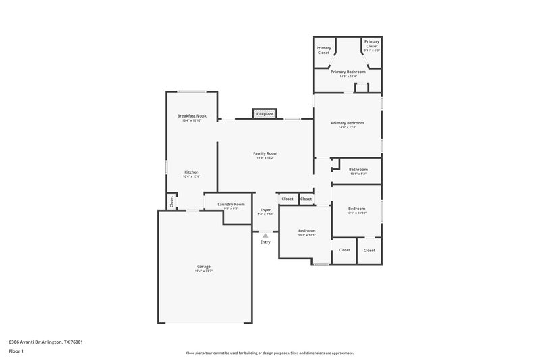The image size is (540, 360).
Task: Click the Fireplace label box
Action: (265, 114)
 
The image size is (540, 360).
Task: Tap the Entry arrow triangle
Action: (265, 236)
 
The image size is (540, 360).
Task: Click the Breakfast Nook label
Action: (192, 116)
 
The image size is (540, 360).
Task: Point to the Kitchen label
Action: (192, 172)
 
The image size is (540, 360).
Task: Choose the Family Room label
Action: (265, 153)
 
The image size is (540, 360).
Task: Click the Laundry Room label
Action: (231, 204)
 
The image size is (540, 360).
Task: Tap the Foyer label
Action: (265, 210)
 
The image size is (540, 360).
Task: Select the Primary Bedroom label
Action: (347, 123)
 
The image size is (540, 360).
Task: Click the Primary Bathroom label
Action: (348, 72)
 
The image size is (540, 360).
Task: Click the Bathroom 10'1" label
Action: (358, 170)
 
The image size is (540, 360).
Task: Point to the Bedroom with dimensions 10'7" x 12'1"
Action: (307, 231)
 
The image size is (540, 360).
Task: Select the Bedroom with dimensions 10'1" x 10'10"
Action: (356, 209)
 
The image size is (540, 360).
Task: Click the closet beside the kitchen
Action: (171, 201)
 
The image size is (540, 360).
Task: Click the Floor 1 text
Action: (17, 352)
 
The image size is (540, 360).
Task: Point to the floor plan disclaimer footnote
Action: (269, 353)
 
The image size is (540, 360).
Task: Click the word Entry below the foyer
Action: (265, 242)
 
